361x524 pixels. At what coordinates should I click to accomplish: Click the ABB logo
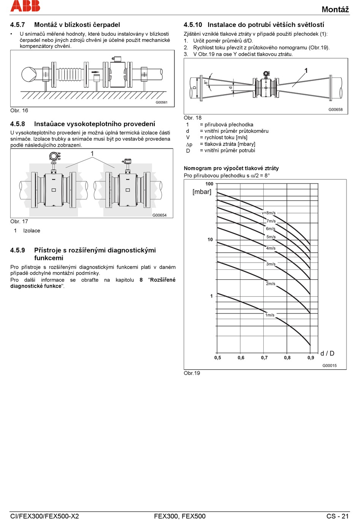[x=25, y=6]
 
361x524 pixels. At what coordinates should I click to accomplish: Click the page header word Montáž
[x=335, y=9]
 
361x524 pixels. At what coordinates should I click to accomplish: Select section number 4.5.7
[x=17, y=25]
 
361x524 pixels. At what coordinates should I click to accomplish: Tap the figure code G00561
[x=161, y=102]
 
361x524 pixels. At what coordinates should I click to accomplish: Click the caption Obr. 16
[x=19, y=111]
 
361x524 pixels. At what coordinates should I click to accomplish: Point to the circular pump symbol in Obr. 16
[x=28, y=74]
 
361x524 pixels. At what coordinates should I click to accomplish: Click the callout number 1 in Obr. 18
[x=306, y=71]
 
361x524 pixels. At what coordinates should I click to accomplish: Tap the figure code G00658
[x=336, y=109]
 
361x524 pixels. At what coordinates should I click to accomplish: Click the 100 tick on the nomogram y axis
[x=209, y=184]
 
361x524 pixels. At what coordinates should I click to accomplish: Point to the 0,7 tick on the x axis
[x=264, y=358]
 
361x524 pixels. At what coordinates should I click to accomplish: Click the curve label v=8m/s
[x=268, y=213]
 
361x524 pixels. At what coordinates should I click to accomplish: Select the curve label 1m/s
[x=270, y=315]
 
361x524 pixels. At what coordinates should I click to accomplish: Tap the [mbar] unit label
[x=202, y=192]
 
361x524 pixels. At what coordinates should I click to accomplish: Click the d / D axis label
[x=327, y=353]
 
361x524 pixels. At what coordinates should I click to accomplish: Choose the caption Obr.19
[x=192, y=373]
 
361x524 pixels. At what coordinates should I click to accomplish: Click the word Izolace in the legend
[x=32, y=231]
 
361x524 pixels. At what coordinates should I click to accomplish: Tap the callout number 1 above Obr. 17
[x=92, y=154]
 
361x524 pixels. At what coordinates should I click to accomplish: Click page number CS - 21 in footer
[x=337, y=516]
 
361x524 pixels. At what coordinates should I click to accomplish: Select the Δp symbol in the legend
[x=189, y=144]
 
